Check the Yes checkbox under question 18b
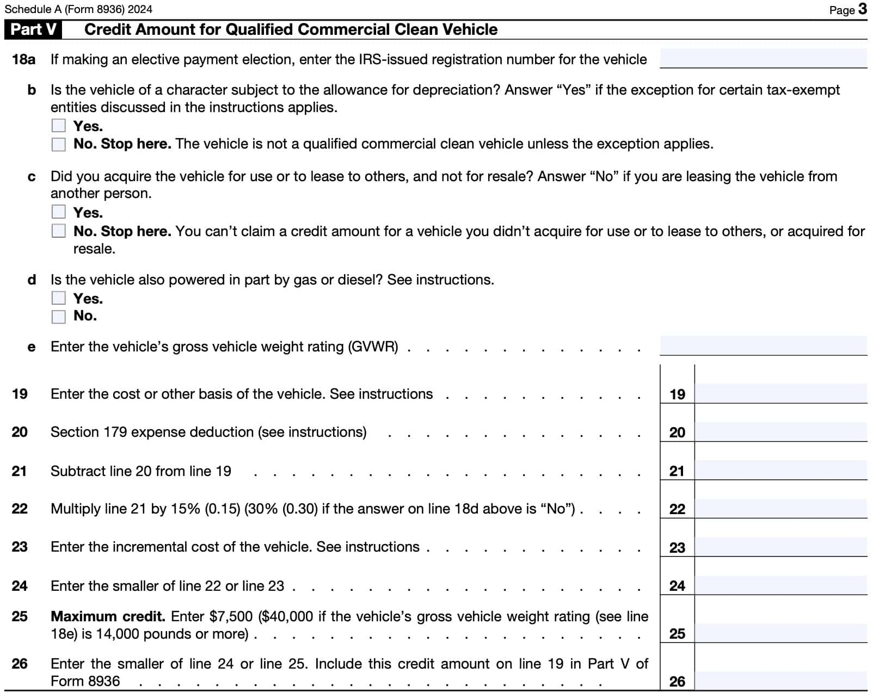(x=58, y=126)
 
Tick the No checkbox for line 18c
(x=58, y=231)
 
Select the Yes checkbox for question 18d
(x=58, y=298)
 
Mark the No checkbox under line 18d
(x=58, y=316)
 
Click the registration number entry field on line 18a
(x=763, y=58)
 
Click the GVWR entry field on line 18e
(x=763, y=345)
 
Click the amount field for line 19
(x=780, y=393)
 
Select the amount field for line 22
(x=780, y=508)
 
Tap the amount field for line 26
(x=780, y=680)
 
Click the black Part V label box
(x=33, y=29)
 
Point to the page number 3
(x=862, y=9)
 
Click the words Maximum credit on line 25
(x=107, y=616)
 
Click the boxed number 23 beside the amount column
(x=677, y=547)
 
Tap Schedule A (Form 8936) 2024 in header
(x=78, y=9)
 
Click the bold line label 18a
(x=23, y=59)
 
